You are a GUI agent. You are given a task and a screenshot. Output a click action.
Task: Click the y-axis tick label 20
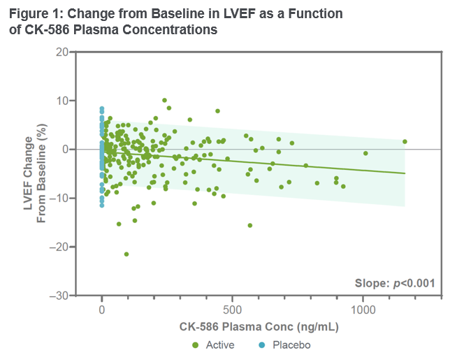pos(63,52)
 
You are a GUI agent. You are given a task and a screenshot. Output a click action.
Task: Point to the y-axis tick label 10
pos(63,101)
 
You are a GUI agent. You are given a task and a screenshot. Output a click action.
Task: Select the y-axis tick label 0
pos(66,150)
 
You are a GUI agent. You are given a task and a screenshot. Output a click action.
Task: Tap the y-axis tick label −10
pos(60,199)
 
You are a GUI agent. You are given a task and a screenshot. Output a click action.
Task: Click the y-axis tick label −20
pos(60,247)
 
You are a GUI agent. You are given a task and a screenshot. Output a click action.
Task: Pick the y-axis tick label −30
pos(60,296)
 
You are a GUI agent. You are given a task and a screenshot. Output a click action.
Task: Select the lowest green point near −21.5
pos(126,254)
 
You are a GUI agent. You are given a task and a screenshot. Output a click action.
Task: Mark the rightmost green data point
pos(405,142)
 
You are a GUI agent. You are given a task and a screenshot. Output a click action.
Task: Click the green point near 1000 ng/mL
pos(365,153)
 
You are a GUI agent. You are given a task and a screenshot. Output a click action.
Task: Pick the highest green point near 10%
pos(165,101)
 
